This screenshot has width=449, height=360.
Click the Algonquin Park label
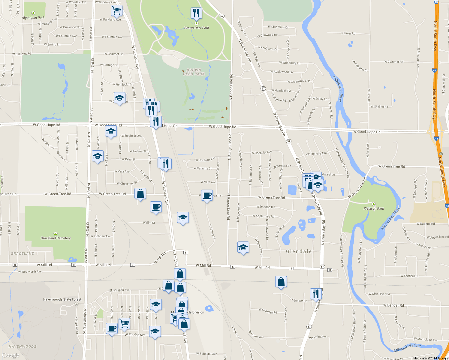pos(33,18)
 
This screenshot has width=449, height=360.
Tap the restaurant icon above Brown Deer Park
pos(196,13)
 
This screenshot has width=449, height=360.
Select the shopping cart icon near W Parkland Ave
pos(116,10)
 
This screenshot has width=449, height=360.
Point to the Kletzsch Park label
pos(374,208)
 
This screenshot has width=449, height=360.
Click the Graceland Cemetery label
pos(56,238)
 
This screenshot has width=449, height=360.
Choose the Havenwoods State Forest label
pos(62,299)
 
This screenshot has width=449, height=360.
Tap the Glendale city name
pos(299,251)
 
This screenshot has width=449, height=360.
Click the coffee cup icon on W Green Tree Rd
pos(207,195)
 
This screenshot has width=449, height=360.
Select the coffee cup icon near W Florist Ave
pos(112,328)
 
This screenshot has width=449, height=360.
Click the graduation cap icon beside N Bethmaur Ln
pos(243,247)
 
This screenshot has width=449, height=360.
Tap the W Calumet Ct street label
pos(360,66)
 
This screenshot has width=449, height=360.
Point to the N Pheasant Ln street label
pos(418,57)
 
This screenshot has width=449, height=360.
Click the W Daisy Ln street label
pos(320,99)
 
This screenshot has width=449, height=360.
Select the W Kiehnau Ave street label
pos(100,236)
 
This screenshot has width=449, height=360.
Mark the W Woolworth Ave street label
pos(30,272)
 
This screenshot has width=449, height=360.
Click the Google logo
pos(11,355)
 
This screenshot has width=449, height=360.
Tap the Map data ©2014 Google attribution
pos(430,358)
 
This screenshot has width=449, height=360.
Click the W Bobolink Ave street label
pos(206,354)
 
